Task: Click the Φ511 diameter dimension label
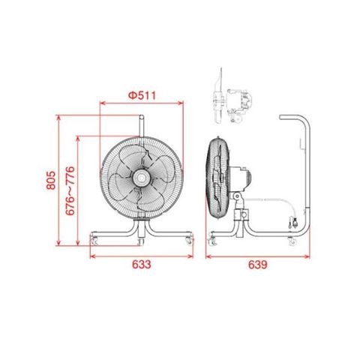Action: click(x=142, y=95)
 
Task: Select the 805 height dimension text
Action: click(x=51, y=180)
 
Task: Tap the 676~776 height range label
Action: click(x=70, y=190)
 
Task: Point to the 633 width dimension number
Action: click(x=142, y=265)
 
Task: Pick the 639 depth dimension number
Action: click(x=258, y=265)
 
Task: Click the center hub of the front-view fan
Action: click(x=141, y=178)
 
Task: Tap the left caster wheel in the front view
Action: click(x=94, y=240)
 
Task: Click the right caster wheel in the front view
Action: click(x=189, y=240)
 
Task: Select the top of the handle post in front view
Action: click(x=142, y=117)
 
